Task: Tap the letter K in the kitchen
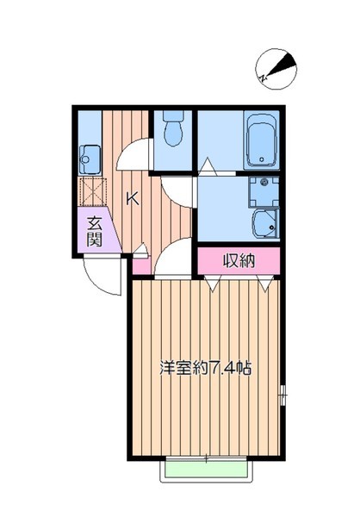point(133,199)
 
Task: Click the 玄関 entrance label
point(95,231)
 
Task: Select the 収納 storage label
point(239,260)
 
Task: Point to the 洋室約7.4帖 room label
point(205,368)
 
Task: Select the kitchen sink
point(89,158)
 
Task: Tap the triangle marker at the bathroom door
point(207,164)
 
